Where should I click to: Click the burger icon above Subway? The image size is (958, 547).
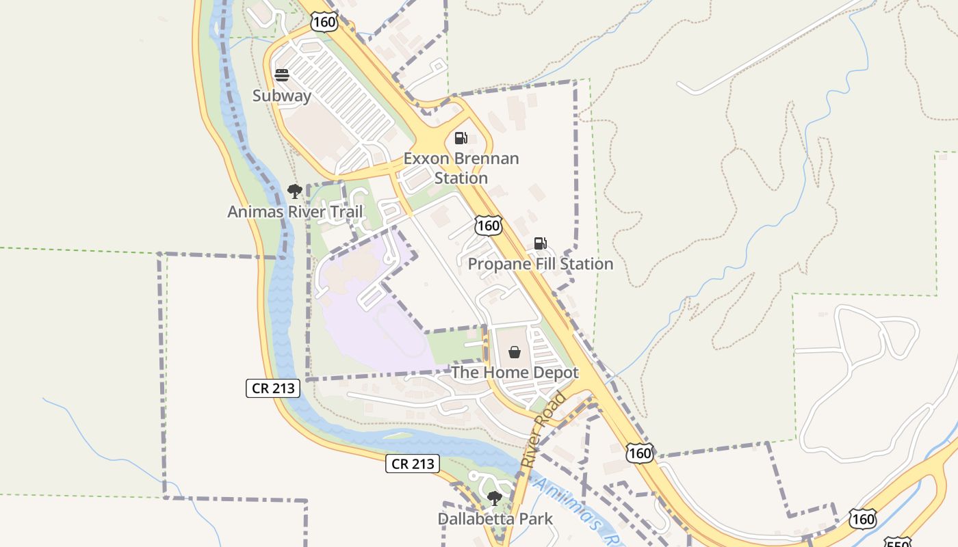coord(282,75)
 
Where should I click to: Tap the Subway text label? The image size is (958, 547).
coord(282,96)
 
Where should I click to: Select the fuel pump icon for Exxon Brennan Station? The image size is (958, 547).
coord(461,138)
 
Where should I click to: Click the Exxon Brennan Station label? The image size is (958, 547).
coord(461,168)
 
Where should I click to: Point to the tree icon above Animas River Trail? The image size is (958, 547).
coord(295,191)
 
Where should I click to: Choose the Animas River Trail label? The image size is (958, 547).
coord(295,212)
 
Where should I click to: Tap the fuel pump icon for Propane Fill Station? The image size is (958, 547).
coord(541,243)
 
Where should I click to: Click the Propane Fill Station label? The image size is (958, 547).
coord(541,264)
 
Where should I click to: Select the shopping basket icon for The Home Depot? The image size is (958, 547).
coord(515,352)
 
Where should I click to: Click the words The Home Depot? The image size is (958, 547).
coord(515,373)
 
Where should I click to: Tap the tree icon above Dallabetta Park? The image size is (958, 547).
coord(495,498)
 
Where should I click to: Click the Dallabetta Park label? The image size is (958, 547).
coord(495,519)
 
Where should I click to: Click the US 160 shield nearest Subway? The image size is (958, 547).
coord(324,21)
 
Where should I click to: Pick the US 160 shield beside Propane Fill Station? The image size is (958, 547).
coord(489,225)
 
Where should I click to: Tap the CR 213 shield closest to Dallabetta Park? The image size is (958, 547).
coord(412,464)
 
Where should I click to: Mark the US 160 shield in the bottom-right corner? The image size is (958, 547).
coord(863,519)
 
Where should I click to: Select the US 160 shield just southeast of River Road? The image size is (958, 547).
coord(640,452)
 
